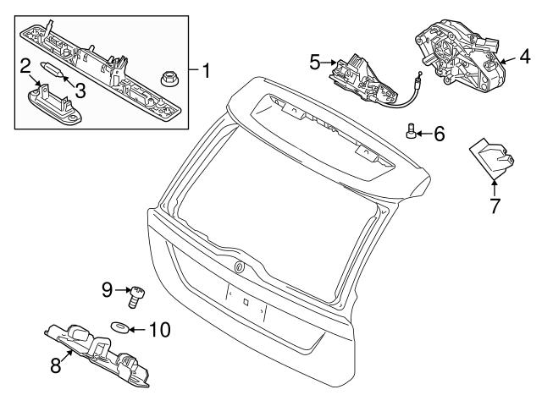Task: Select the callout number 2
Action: (x=26, y=65)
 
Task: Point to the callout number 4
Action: (x=524, y=58)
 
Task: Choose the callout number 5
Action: (x=314, y=62)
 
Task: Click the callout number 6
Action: (x=439, y=132)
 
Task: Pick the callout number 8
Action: (x=55, y=365)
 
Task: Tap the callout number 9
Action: (x=108, y=290)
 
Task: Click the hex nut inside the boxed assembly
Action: (x=167, y=79)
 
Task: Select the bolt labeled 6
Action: (x=411, y=131)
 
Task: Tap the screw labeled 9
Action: (x=134, y=295)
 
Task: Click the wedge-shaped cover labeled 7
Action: (x=490, y=159)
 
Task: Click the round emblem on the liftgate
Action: (x=238, y=266)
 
